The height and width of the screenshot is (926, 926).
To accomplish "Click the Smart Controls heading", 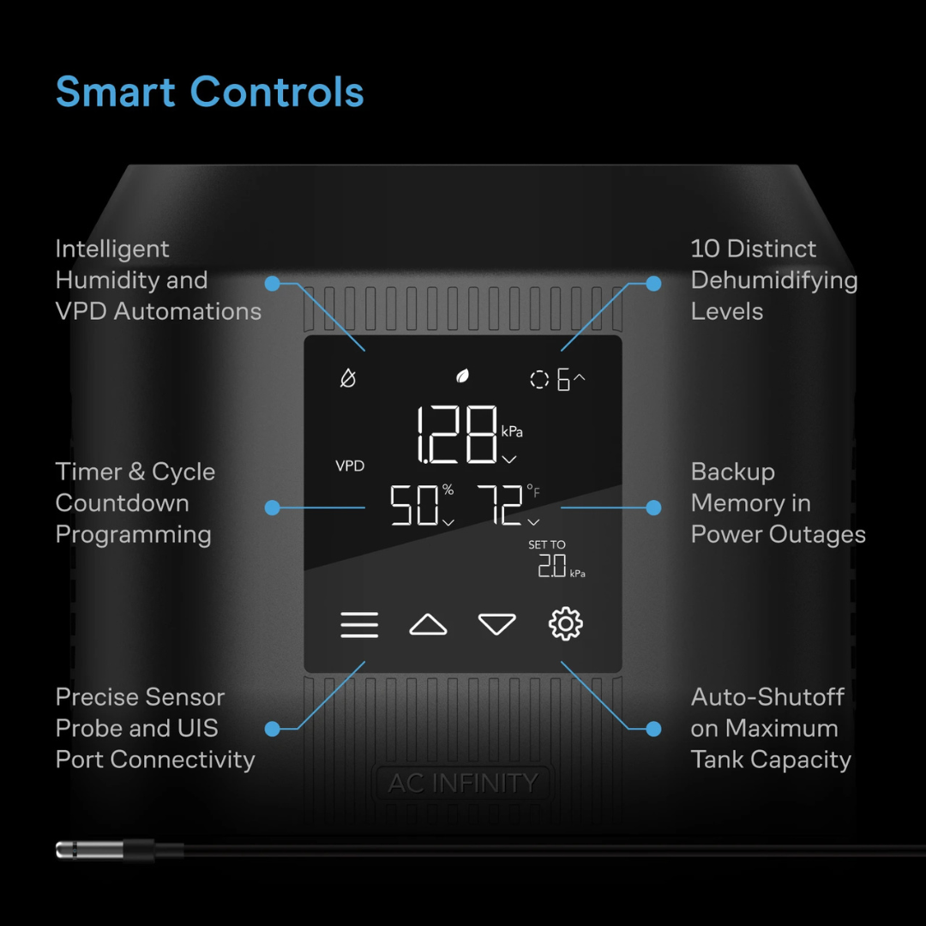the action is coord(210,92).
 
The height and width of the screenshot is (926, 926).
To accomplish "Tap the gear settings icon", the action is coord(565,623).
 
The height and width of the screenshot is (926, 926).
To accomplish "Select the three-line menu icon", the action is coord(359,625).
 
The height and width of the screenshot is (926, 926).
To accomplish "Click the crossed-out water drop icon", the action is coord(348,378).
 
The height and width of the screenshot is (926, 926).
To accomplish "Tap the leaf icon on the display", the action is coord(462,376).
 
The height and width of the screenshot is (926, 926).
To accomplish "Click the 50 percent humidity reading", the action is coord(422,505).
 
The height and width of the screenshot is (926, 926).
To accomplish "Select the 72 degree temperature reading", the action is coord(508,505).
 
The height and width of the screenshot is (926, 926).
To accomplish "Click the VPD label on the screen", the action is coord(350,466).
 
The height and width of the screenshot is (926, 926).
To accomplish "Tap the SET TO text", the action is coord(547,544).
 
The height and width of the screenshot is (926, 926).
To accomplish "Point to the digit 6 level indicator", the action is coord(563,379).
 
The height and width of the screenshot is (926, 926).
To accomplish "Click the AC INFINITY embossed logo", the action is coord(463,783).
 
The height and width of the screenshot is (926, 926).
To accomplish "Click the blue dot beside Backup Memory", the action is coord(653,508).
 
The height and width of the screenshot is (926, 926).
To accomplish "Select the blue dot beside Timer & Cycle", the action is coord(273,508).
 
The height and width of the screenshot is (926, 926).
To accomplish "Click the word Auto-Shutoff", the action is coord(767,697).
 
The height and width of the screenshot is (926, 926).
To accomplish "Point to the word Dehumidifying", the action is coord(774,280).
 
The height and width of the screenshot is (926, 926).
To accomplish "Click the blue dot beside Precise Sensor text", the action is coord(273,729).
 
